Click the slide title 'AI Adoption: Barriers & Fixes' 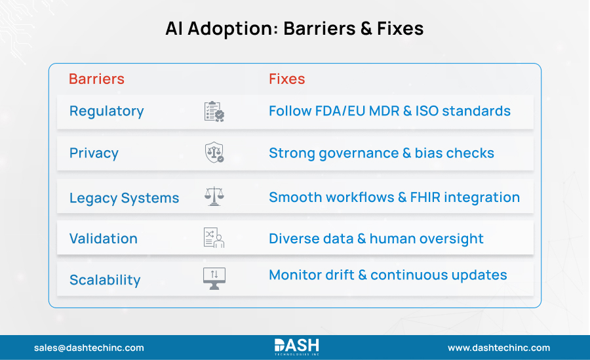point(294,29)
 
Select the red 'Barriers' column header point(96,79)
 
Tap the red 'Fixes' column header point(286,79)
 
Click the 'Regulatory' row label point(106,111)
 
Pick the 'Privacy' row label point(94,153)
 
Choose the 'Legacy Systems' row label point(124,198)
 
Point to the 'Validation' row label point(103,239)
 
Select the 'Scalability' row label point(105,280)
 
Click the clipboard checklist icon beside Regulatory point(214,111)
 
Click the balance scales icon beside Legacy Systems point(214,196)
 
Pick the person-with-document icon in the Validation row point(214,237)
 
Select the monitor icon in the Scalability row point(214,279)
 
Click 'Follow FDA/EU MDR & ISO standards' point(389,111)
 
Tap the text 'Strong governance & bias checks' point(381,153)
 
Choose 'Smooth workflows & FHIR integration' point(394,197)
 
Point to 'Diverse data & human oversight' point(376,239)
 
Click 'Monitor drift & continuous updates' point(387,275)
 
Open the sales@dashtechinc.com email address point(88,348)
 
